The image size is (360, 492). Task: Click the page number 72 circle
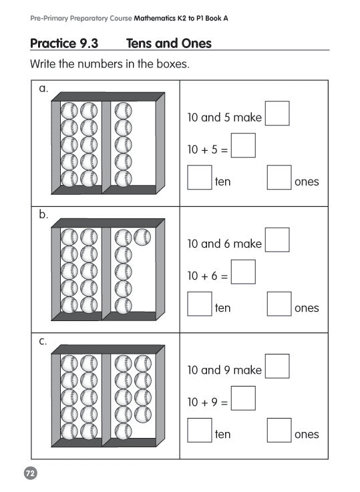pos(31,473)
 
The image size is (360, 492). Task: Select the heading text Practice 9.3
pos(64,43)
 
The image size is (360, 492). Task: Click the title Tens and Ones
pos(169,43)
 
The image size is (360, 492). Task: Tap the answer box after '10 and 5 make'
pos(277,113)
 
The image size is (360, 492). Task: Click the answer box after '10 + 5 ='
pos(243,146)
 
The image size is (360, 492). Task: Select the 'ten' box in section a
pos(200,178)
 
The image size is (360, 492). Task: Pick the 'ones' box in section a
pos(279,178)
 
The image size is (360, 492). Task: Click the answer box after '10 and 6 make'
pos(277,240)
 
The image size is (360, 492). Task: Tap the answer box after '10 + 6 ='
pos(243,272)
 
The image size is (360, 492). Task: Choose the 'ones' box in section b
pos(279,304)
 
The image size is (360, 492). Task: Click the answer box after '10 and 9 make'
pos(277,366)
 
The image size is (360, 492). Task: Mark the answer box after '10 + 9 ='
pos(243,398)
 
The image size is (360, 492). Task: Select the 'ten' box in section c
pos(200,430)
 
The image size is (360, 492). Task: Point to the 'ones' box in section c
pos(279,430)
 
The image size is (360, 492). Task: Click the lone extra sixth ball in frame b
pos(142,237)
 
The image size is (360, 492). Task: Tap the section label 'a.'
pos(43,89)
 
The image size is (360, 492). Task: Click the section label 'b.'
pos(43,214)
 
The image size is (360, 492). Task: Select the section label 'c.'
pos(43,341)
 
